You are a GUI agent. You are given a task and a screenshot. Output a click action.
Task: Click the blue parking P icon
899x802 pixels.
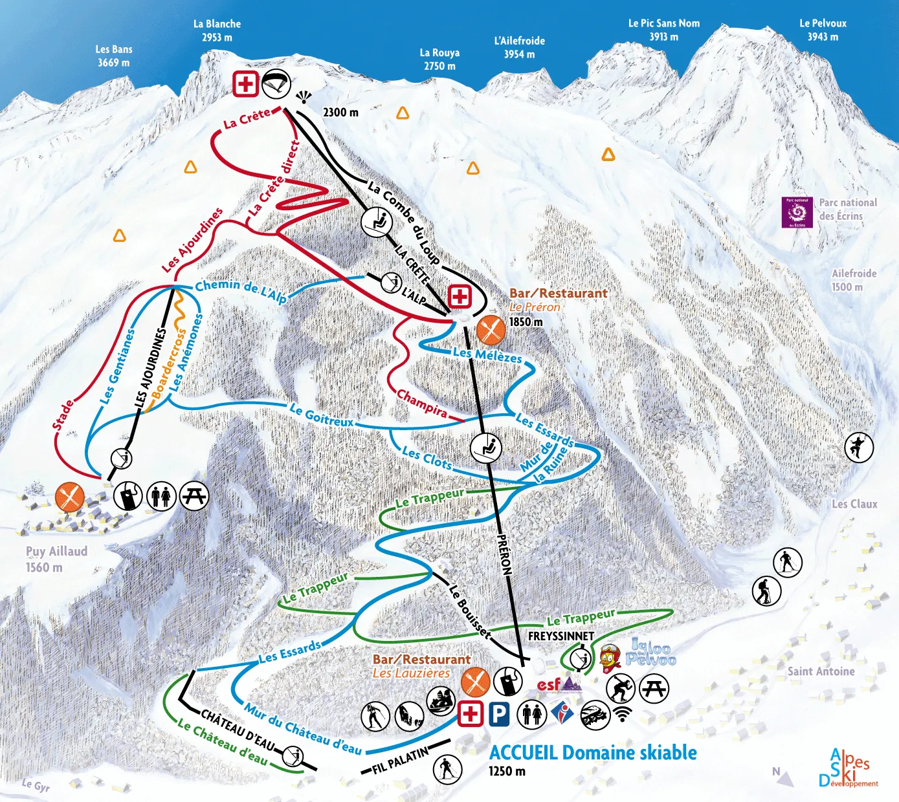pos(498,714)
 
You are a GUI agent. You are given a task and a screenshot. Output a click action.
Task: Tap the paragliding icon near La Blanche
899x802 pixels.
pos(276,83)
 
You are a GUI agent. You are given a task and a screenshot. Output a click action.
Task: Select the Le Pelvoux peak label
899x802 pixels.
pos(823,30)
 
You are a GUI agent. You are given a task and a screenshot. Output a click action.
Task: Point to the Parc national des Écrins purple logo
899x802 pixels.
pos(797,212)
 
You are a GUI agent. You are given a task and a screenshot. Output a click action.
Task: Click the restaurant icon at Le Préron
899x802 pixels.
pos(491,330)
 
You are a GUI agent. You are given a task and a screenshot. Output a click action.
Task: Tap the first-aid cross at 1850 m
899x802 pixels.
pos(460,297)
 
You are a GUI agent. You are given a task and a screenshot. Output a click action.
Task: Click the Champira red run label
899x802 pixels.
pos(422,403)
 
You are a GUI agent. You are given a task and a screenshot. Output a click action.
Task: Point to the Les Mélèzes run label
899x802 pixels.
pos(487,355)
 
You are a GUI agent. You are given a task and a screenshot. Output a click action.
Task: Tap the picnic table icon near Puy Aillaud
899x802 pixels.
pos(194,496)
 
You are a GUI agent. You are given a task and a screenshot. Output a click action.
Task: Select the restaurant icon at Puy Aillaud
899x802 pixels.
pos(69,496)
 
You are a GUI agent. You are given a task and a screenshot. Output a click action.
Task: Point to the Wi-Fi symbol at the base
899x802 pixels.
pos(622,714)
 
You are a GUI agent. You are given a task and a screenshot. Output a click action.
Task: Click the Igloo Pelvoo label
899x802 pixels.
pos(652,653)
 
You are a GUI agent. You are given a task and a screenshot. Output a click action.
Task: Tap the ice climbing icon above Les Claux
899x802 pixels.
pos(859,446)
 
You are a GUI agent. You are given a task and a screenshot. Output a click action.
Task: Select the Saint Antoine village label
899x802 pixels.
pos(821,671)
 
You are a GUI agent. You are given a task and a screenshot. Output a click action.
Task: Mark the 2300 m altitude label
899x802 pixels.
pos(340,113)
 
